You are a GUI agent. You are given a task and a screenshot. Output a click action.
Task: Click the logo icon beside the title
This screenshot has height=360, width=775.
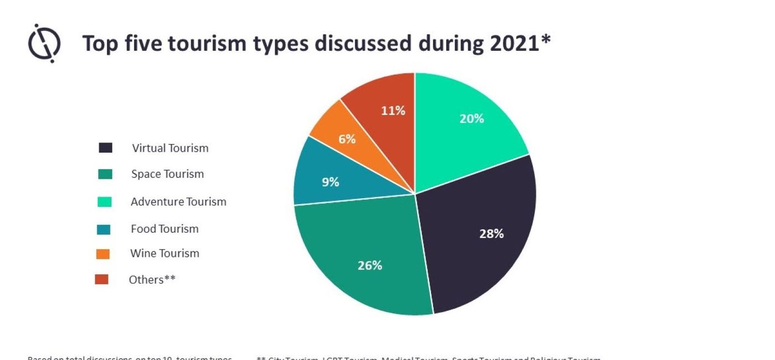44,43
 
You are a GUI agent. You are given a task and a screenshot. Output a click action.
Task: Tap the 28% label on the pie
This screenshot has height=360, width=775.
491,234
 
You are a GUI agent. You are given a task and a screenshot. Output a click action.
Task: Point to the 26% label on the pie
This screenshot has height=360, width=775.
370,265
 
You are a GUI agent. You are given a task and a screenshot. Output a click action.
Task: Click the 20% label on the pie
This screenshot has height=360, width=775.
472,119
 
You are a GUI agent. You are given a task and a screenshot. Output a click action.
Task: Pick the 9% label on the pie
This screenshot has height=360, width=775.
330,182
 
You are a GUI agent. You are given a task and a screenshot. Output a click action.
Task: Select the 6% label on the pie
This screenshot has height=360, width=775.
347,139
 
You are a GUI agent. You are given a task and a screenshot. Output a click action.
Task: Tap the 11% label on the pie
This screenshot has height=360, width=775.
393,111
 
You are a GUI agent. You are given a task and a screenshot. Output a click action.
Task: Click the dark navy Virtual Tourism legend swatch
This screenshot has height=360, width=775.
105,148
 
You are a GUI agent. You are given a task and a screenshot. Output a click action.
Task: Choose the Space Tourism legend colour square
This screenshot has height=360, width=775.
105,174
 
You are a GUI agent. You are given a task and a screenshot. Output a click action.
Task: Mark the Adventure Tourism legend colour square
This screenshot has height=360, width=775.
105,202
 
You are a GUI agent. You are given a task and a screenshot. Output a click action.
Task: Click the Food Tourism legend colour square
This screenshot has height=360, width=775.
104,229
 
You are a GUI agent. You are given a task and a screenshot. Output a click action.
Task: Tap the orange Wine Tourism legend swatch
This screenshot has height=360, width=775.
103,254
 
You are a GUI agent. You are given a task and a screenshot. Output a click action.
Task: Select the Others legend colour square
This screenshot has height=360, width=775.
102,280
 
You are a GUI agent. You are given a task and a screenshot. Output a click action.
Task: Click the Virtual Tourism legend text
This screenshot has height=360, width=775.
170,148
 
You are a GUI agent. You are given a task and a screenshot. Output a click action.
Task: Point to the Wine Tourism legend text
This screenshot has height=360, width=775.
164,254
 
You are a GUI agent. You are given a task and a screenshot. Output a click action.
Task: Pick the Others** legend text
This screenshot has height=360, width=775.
152,280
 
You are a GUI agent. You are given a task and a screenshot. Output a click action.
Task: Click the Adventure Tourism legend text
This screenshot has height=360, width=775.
178,202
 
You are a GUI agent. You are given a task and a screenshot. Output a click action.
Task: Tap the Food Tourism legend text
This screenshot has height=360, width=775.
164,229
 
